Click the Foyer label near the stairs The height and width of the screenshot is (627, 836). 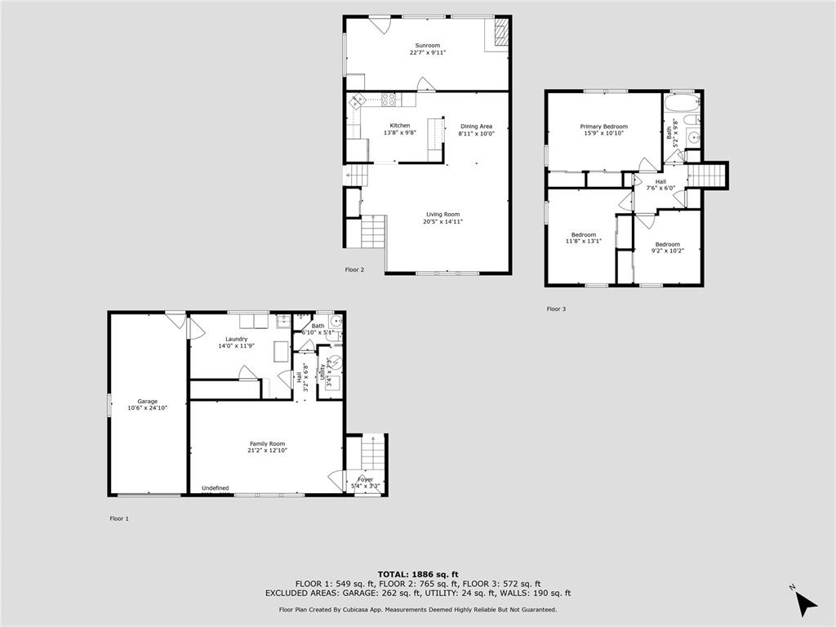364,480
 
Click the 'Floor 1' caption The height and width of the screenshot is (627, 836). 119,518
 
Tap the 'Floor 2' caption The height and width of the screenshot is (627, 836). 354,269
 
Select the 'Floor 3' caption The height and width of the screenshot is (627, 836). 555,309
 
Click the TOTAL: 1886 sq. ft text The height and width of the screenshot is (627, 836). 417,573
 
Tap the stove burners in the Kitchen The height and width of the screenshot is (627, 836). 389,100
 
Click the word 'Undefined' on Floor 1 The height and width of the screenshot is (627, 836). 216,488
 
